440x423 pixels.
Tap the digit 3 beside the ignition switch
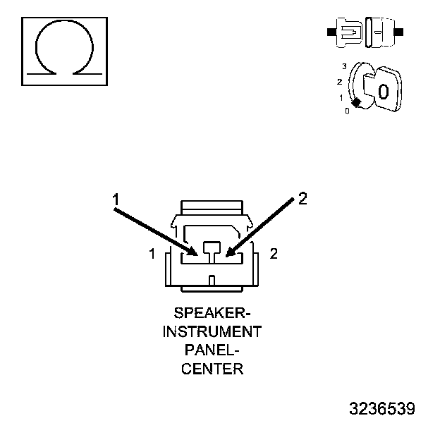tap(343, 66)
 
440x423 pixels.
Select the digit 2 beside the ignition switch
tap(339, 82)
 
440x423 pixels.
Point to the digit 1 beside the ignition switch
tap(341, 98)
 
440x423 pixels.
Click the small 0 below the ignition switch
tap(347, 111)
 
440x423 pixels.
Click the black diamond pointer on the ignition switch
tap(357, 103)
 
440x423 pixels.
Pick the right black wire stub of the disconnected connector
tap(400, 32)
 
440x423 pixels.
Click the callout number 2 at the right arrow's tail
tap(302, 199)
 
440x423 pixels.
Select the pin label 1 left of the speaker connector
tap(152, 254)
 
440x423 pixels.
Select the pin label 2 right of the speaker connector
tap(274, 254)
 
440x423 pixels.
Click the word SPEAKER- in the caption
tap(212, 312)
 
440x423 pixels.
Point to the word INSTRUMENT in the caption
tap(212, 331)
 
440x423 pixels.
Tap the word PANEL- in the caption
tap(212, 350)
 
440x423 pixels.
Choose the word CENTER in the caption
tap(212, 368)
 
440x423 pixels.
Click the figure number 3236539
tap(382, 409)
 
